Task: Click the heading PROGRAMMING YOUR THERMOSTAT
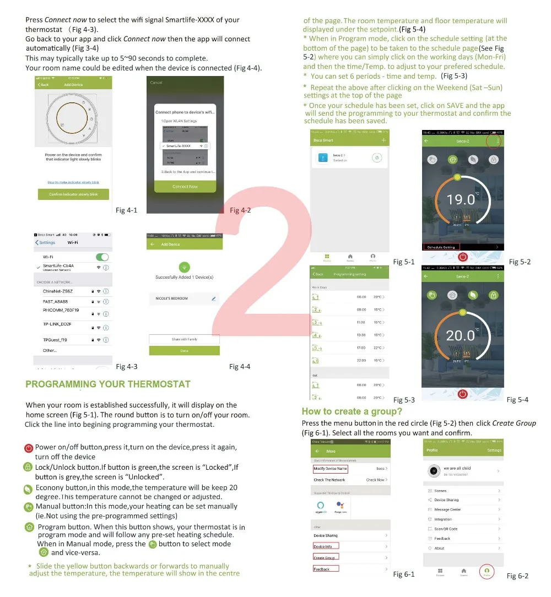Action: (107, 384)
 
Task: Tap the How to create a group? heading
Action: (352, 411)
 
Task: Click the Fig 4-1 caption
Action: (126, 210)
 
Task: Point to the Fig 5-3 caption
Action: (404, 400)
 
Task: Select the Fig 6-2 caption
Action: (517, 576)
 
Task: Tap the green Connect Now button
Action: (185, 187)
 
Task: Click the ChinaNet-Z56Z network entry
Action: (58, 291)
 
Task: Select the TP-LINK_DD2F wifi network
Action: (57, 324)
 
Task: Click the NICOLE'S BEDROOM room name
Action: (172, 298)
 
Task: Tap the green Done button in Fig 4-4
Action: (184, 351)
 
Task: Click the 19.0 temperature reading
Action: (461, 199)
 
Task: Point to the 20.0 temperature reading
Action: (460, 335)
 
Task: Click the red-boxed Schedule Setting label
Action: (441, 247)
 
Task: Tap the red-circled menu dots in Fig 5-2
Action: (498, 142)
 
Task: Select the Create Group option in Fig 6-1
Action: (325, 558)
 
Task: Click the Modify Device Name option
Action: (330, 469)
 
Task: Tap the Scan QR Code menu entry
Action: (446, 529)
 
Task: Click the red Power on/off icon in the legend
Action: (29, 448)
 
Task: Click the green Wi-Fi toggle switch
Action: (102, 257)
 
